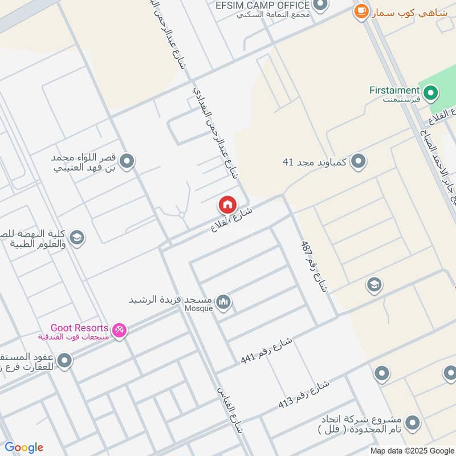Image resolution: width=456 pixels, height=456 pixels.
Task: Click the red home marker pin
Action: [x=227, y=205]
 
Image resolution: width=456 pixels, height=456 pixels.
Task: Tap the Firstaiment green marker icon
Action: [x=431, y=91]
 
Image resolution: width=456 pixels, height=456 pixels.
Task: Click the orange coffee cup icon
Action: [x=360, y=11]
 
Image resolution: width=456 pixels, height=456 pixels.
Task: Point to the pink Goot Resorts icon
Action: [x=119, y=330]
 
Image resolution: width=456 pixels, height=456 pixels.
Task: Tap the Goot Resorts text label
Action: [x=79, y=328]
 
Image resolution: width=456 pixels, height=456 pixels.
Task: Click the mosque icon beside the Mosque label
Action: [x=224, y=302]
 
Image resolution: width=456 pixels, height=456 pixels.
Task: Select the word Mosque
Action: [x=198, y=308]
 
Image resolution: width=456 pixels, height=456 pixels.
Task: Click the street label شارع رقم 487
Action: [x=314, y=265]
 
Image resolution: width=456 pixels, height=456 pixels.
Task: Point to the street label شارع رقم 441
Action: [x=266, y=350]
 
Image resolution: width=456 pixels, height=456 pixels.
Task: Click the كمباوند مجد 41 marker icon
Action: [x=358, y=162]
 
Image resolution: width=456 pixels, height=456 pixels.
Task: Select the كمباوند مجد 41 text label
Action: [x=315, y=162]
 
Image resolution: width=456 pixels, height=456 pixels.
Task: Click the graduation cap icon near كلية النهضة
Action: [x=77, y=238]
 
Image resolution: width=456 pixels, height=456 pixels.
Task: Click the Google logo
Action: [x=24, y=447]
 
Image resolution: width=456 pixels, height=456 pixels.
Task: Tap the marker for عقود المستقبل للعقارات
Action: [x=64, y=360]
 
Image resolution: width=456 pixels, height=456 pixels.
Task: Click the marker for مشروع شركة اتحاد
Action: [x=412, y=422]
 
